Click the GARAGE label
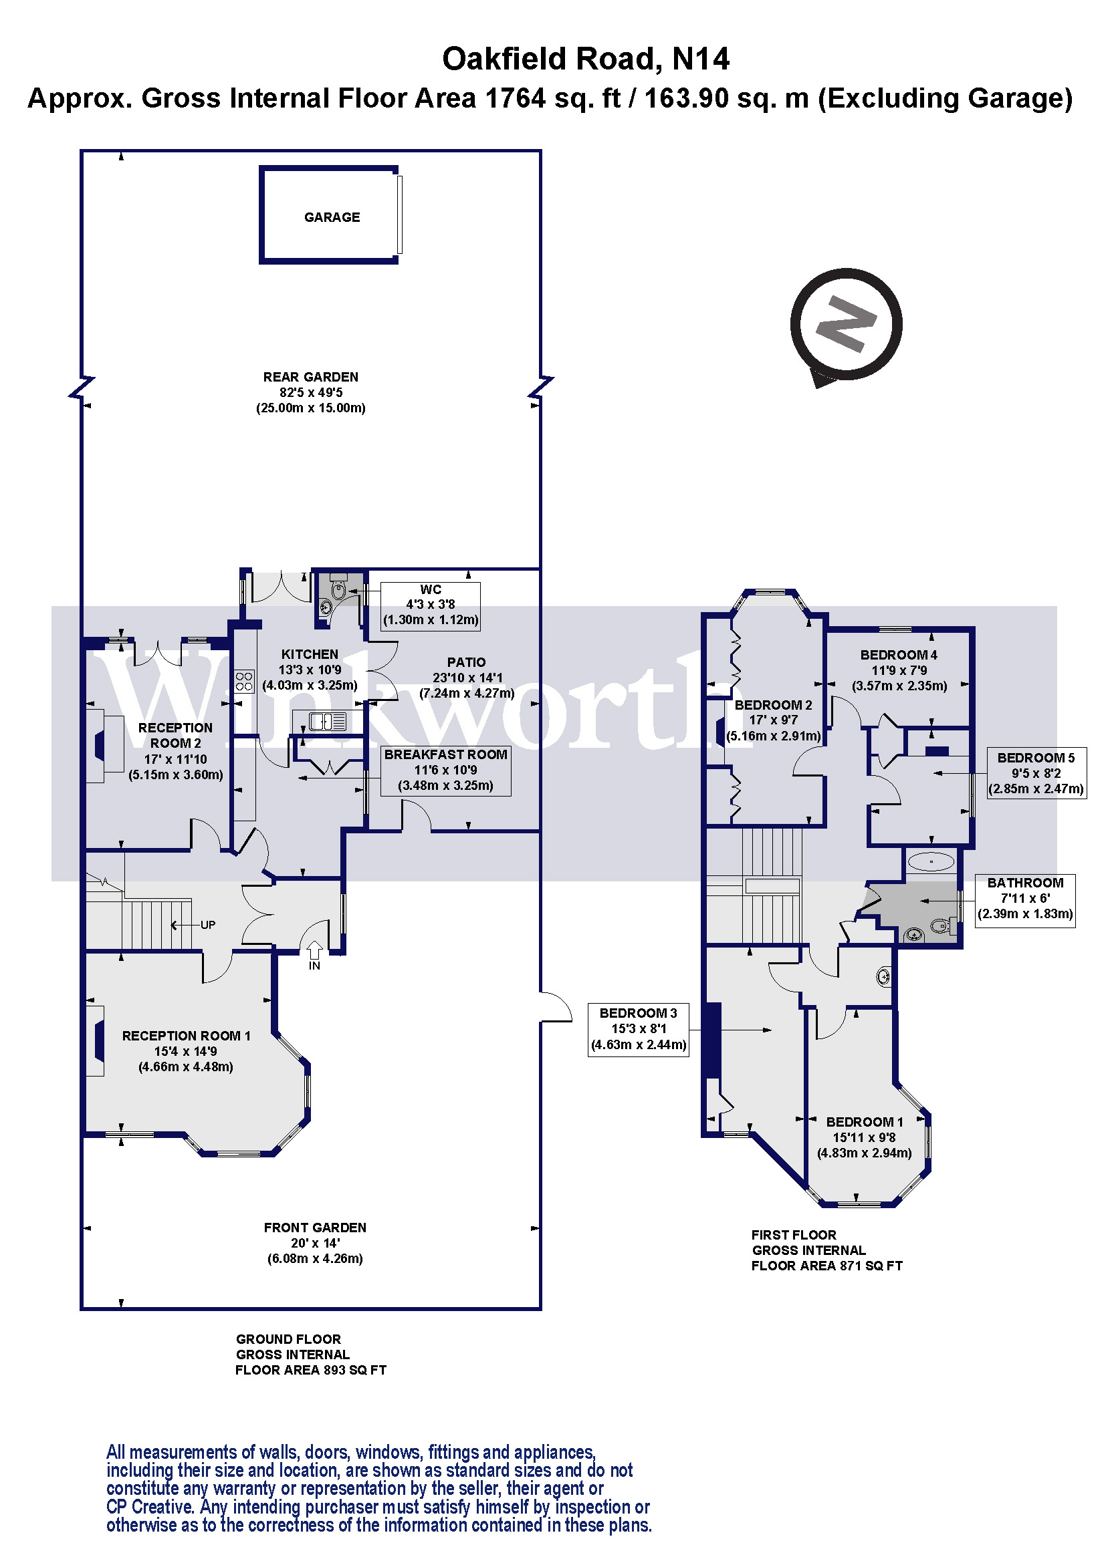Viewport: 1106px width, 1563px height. (332, 217)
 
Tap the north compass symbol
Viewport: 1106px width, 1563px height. (845, 325)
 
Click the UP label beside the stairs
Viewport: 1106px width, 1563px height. (208, 924)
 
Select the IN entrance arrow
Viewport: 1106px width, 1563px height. (314, 950)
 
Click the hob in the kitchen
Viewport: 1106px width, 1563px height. (245, 681)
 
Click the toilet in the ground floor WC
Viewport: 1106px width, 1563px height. (338, 589)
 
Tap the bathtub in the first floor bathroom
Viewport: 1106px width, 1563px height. (931, 861)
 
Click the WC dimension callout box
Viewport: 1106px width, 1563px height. (431, 605)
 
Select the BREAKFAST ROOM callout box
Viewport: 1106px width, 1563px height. (445, 770)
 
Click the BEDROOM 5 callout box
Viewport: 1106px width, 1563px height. (1036, 773)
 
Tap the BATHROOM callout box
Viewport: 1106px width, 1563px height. (1025, 898)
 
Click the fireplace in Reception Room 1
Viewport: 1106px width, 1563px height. (97, 1041)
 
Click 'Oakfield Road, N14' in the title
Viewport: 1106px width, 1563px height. (585, 59)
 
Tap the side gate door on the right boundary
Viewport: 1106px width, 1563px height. (555, 1007)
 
